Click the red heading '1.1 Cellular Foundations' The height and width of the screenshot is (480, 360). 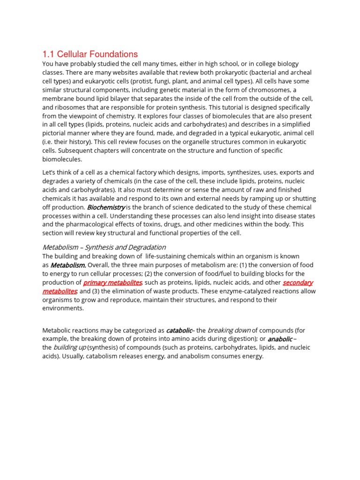(90, 54)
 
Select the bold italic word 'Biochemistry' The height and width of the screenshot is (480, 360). (106, 207)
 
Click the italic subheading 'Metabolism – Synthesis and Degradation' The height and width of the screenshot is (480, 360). (104, 247)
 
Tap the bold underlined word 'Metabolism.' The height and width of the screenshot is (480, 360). (68, 265)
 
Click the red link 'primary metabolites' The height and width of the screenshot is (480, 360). (112, 283)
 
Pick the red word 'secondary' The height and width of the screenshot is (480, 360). (298, 283)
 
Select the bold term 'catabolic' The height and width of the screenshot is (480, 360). (179, 330)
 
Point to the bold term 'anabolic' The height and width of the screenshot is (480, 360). (280, 339)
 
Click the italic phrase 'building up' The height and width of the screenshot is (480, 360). (69, 348)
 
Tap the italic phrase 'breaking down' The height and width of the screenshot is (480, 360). (229, 330)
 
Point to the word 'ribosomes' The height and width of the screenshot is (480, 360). (70, 107)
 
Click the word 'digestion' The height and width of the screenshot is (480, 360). (240, 339)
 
